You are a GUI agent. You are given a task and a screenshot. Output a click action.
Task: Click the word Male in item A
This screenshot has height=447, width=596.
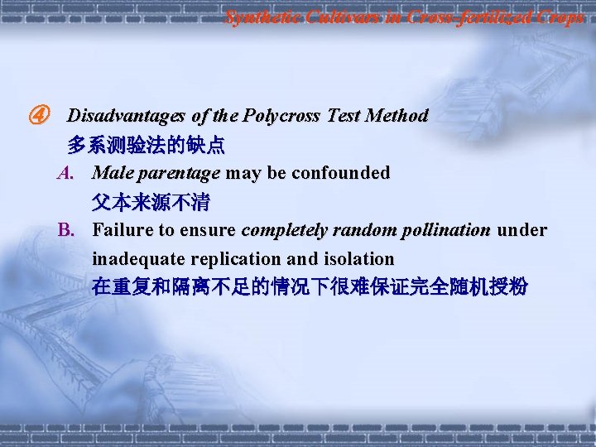[111, 174]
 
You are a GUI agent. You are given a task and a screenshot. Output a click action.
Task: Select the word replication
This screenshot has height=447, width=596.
[223, 258]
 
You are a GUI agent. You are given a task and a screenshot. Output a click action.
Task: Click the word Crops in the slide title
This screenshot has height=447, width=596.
[559, 17]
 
